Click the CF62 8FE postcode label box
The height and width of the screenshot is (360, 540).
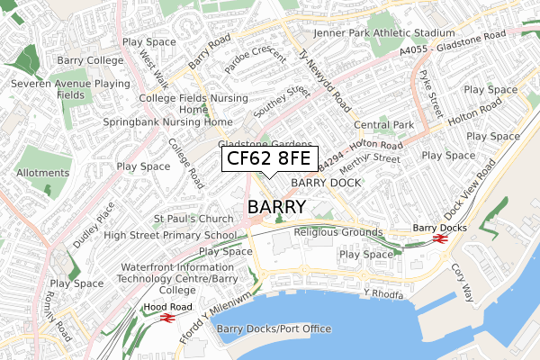[x=269, y=159]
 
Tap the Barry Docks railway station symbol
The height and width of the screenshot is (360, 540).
[x=440, y=239]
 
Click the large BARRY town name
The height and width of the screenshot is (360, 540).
[x=276, y=207]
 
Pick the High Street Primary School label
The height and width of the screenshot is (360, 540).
[x=170, y=235]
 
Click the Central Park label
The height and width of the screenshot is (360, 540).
[x=383, y=124]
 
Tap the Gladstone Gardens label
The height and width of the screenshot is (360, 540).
[x=265, y=144]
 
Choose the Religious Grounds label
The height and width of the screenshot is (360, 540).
[x=338, y=232]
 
